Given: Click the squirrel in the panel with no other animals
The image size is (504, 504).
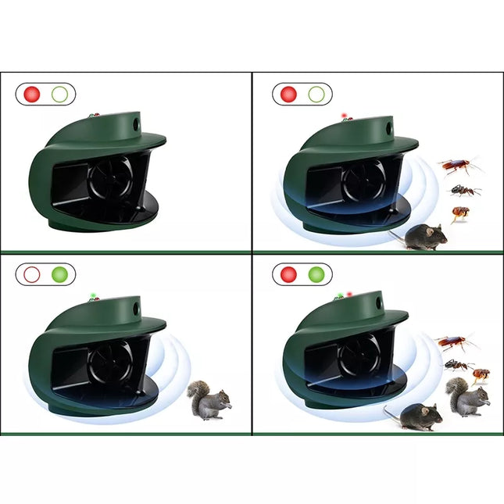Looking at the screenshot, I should coord(211,399).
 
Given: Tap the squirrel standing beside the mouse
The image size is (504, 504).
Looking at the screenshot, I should coord(467,395).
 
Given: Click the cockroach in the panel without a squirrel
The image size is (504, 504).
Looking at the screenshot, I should coord(457,166).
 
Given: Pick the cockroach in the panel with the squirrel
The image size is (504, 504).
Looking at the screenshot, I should coord(456,342).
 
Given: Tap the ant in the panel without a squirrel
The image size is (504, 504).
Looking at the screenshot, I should coord(464,190).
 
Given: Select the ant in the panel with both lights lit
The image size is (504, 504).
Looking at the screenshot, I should coord(458,364).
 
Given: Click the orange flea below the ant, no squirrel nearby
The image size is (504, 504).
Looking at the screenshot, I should coord(461,213).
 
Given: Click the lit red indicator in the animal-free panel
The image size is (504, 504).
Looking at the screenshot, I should coord(32,95).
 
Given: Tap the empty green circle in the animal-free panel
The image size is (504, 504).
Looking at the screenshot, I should coord(59,95).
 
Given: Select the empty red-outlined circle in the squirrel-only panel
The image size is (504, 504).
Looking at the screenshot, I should coord(32,274).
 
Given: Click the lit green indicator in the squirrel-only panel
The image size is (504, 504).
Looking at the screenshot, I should coord(59,274).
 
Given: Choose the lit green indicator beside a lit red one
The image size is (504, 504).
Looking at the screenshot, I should coord(316,274).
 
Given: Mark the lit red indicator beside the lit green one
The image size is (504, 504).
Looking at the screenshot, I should coord(288,274).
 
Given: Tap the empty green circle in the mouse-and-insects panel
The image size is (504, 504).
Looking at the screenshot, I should coord(316,95).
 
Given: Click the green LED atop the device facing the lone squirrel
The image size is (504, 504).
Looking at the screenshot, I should coord(91,295).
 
